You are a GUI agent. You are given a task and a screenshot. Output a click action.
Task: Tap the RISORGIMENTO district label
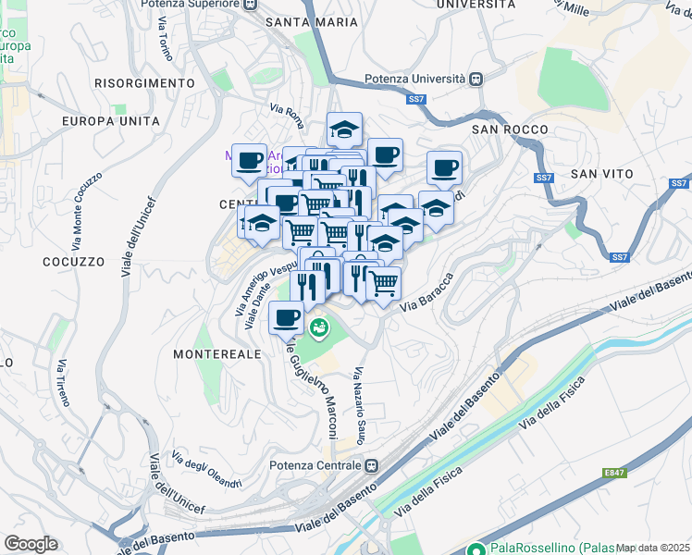point(143,83)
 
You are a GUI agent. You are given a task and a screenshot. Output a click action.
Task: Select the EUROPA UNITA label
point(110,121)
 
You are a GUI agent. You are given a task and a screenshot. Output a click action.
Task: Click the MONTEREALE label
point(218,354)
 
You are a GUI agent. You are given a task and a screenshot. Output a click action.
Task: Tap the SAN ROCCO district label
point(510,129)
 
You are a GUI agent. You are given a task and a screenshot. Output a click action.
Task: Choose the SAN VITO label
point(601,173)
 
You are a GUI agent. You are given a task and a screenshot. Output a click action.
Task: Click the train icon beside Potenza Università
point(476,80)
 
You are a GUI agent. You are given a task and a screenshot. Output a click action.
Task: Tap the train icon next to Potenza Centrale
point(371,465)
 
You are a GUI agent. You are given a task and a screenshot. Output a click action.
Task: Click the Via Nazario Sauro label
point(358,404)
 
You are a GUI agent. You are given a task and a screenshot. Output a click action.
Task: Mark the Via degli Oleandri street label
point(207,470)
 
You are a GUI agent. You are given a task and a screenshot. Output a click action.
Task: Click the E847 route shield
point(614,473)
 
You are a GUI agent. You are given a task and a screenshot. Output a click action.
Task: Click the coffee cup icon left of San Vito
point(444,167)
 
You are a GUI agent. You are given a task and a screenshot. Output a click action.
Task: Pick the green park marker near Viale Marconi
point(319,327)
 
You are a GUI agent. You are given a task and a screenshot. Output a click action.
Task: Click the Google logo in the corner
point(31,543)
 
